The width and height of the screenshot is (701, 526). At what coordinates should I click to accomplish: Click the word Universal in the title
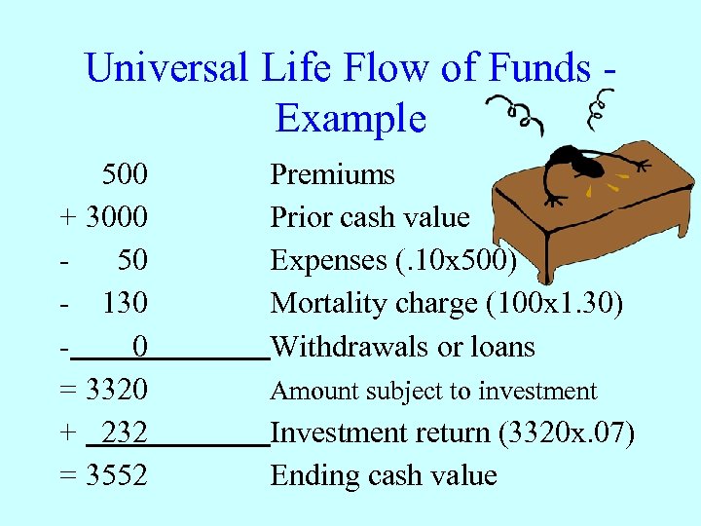point(166,68)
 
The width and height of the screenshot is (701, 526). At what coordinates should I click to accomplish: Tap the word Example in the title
point(350,118)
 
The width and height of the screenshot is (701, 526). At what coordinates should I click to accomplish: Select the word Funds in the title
point(538,68)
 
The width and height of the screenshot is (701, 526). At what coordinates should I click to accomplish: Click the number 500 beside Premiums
point(126,174)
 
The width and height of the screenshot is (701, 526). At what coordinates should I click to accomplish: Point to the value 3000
point(117,217)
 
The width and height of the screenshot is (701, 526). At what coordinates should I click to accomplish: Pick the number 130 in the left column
point(126,303)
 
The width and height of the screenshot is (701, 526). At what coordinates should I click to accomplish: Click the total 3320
point(117,390)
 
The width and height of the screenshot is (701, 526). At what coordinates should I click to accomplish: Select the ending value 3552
point(117,475)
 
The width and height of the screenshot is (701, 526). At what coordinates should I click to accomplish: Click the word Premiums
point(332,174)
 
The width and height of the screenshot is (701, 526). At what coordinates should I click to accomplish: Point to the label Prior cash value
point(369,217)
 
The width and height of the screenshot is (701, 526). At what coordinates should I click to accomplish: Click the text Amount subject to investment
point(433,391)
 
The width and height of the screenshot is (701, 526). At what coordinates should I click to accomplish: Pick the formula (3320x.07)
point(566,432)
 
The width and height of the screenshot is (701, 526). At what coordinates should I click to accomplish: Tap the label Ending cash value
point(383,475)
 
